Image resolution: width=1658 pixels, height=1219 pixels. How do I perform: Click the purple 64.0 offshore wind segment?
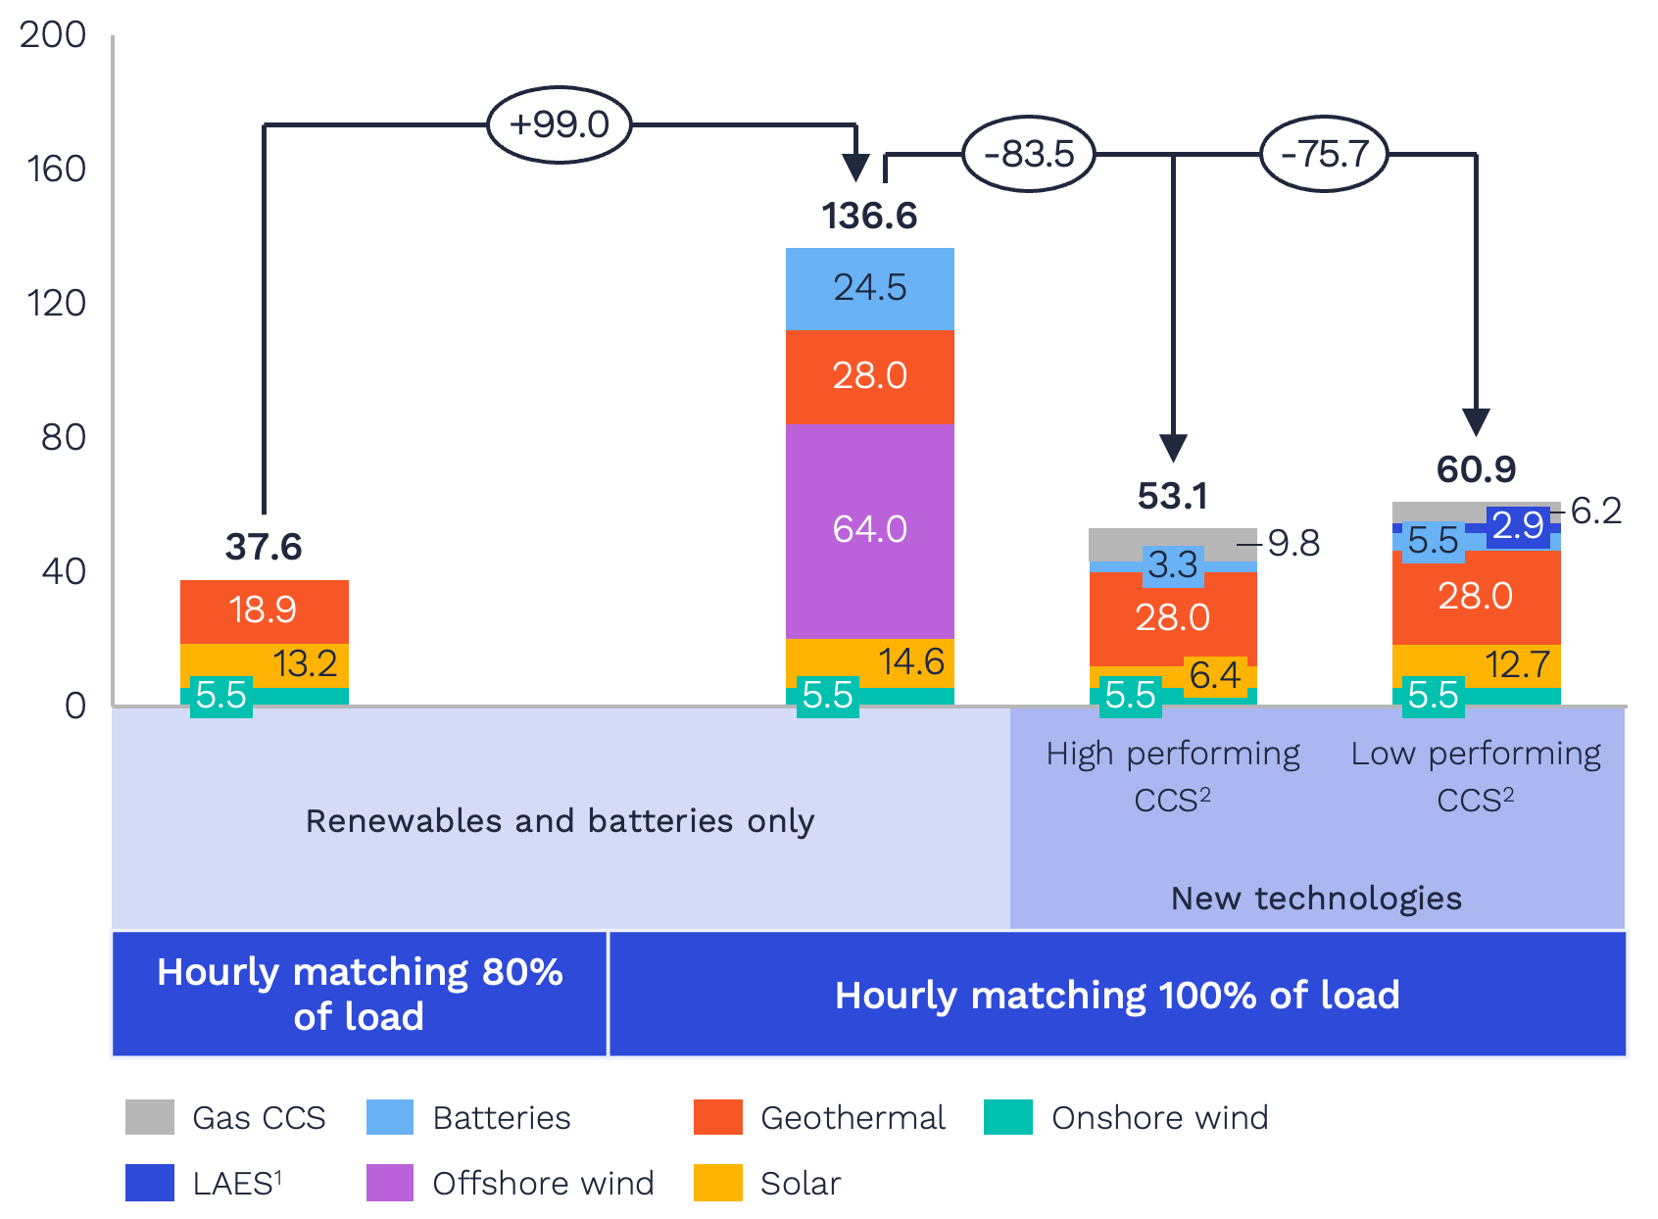pos(869,530)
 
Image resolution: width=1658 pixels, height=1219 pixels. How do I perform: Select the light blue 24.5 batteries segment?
pos(869,288)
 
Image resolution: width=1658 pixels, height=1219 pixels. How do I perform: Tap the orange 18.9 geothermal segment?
pos(264,610)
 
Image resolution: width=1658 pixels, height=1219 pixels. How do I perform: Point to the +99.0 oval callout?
pos(559,124)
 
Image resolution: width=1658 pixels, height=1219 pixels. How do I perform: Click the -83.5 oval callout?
pos(1029,154)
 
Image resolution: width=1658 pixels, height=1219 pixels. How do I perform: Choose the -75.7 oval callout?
pos(1324,154)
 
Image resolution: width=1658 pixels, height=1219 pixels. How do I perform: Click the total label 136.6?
pos(869,216)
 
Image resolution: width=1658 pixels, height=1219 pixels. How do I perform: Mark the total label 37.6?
pos(264,547)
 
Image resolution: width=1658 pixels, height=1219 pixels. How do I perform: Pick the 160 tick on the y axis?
pos(57,170)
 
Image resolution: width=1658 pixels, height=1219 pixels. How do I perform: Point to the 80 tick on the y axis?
pos(64,437)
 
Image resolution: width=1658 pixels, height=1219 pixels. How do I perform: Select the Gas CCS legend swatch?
pos(149,1117)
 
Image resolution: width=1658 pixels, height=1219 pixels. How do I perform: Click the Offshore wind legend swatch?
pos(389,1183)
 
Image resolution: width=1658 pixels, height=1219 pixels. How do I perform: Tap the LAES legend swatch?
pos(149,1183)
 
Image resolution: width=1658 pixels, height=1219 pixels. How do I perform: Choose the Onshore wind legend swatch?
pos(1008,1117)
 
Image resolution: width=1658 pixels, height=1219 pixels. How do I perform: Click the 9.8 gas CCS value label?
pos(1293,543)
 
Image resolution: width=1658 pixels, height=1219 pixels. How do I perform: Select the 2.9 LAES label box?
pos(1518,526)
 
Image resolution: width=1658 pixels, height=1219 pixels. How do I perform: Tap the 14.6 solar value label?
pos(910,661)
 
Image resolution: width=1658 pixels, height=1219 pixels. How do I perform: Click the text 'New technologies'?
pos(1316,898)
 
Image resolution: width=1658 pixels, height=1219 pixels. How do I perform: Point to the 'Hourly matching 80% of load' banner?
pos(360,994)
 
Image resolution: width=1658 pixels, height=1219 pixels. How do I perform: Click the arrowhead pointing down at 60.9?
pos(1476,422)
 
